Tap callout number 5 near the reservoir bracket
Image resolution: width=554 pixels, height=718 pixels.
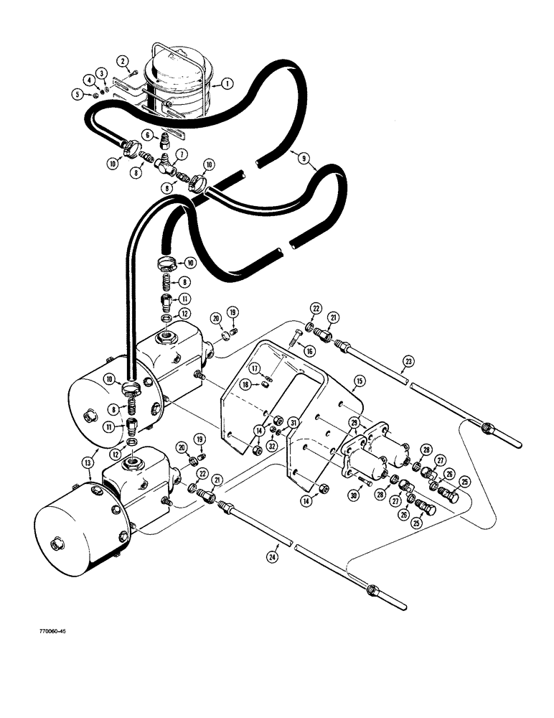(103, 73)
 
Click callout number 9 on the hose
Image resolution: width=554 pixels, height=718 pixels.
(146, 134)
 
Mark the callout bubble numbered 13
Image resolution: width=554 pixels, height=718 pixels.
(182, 154)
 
